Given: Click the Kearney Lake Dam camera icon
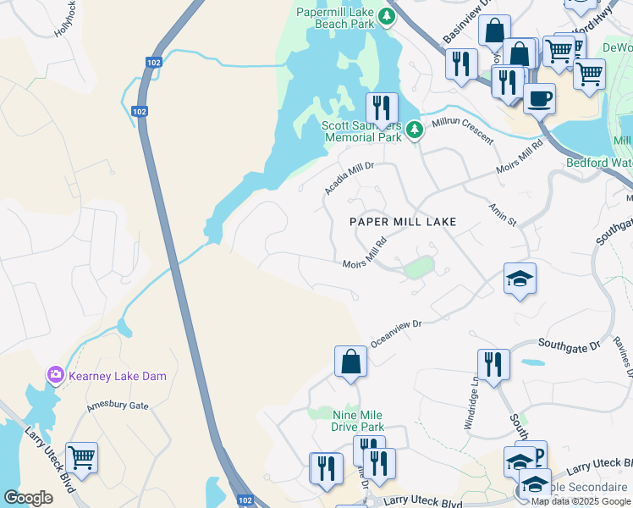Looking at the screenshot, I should (x=56, y=374).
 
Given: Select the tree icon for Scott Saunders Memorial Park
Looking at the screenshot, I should (x=414, y=130).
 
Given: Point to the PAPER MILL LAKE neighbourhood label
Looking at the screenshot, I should (x=404, y=222).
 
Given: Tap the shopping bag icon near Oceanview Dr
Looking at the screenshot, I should (x=350, y=362).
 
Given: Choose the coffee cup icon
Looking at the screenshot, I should (x=539, y=99).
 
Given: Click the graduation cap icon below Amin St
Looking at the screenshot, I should (x=519, y=279).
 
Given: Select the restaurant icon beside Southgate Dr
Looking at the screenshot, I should (x=493, y=365).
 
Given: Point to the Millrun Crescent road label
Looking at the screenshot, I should (x=462, y=130).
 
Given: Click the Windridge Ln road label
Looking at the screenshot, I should (x=472, y=402).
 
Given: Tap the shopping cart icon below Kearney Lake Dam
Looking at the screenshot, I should (x=81, y=458).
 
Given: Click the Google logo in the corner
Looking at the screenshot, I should (x=28, y=498).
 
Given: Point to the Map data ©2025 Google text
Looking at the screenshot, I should (x=581, y=501).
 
